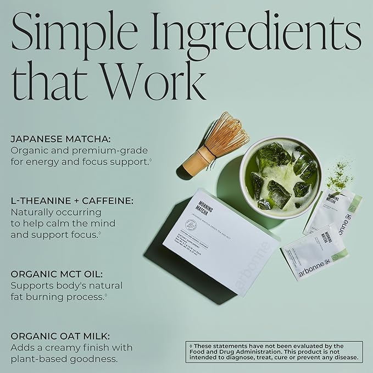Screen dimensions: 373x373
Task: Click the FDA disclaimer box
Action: coord(274,352)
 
